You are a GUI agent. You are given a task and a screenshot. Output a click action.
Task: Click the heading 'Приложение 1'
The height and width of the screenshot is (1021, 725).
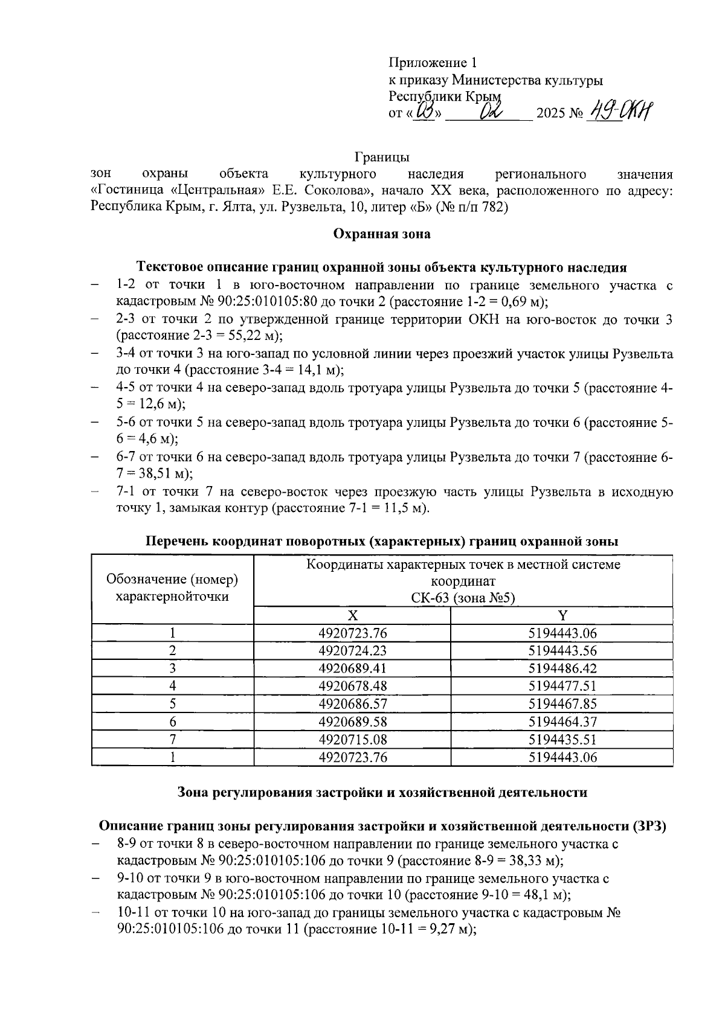click(433, 63)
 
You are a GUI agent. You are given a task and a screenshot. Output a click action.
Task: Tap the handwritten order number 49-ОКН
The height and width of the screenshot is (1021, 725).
click(622, 112)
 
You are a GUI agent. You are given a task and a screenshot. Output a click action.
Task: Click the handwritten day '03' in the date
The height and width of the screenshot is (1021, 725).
click(426, 112)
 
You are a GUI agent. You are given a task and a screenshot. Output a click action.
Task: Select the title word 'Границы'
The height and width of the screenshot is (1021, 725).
click(382, 158)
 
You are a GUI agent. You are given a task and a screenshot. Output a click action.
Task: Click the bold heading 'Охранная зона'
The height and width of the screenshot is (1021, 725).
click(382, 234)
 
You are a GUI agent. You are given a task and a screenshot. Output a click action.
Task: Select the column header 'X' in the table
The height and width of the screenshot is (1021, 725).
click(352, 615)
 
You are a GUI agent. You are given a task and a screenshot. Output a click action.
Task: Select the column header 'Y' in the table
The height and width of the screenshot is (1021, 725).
click(562, 615)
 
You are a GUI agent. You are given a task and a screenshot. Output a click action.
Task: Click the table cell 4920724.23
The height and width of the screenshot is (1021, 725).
click(352, 650)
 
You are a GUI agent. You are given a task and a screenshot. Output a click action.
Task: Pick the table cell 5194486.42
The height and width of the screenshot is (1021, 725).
click(562, 668)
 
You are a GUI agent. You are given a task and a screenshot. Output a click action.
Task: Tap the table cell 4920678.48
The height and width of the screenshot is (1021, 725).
click(352, 686)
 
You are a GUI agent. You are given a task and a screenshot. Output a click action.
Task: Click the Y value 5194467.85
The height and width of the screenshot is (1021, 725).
click(562, 704)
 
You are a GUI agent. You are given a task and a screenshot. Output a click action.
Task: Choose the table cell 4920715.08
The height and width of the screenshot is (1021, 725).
click(352, 740)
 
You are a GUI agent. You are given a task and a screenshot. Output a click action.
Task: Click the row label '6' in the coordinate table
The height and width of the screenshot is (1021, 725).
click(173, 722)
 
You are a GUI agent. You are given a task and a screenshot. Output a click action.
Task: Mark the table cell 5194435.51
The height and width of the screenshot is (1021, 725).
click(562, 740)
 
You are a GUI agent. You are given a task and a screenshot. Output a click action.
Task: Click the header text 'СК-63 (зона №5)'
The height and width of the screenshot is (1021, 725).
click(463, 598)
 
